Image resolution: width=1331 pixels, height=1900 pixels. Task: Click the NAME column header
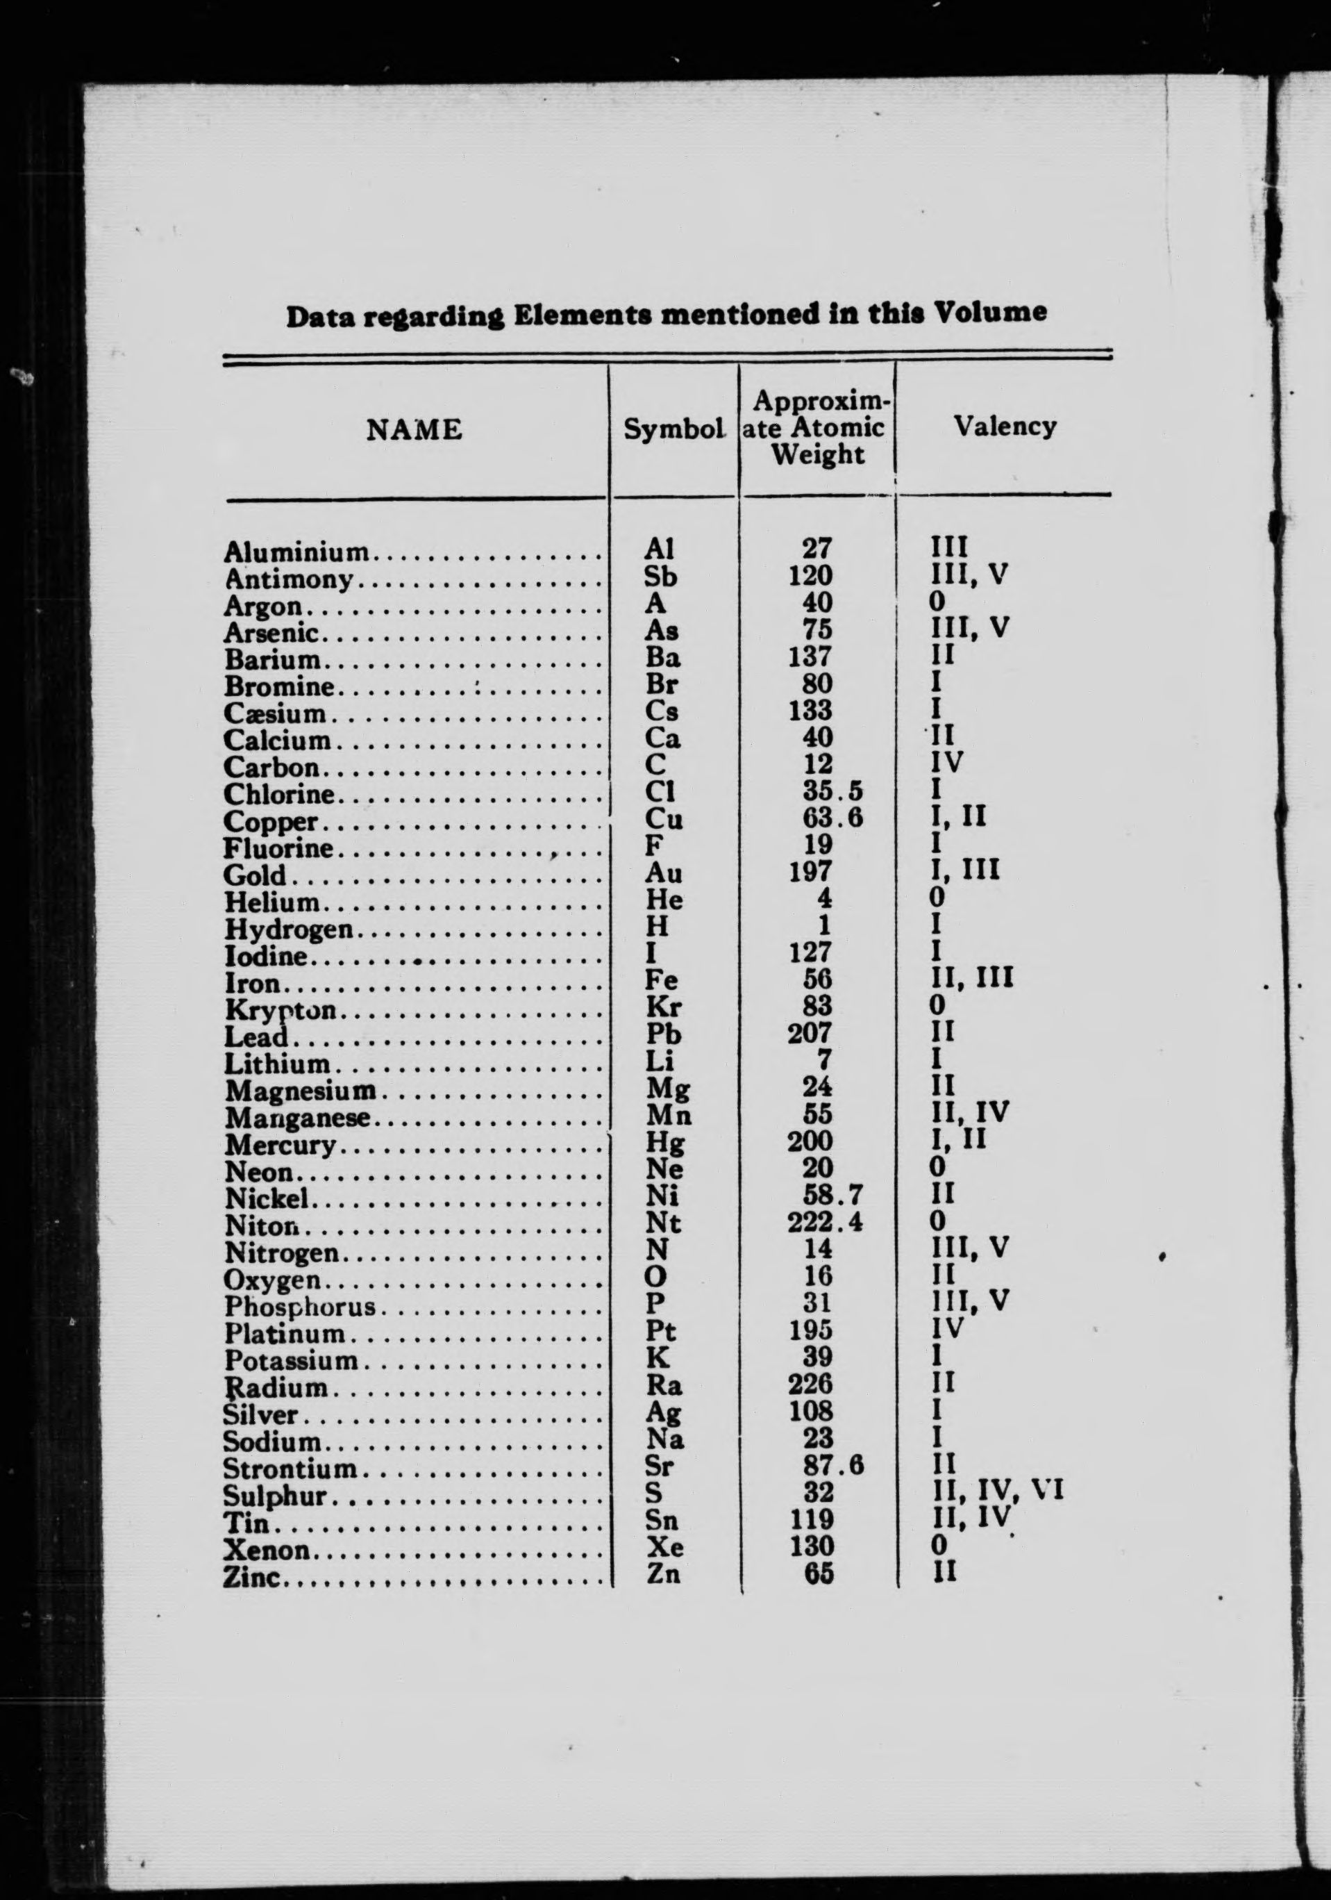pos(414,429)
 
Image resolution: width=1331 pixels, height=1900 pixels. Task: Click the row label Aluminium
pos(296,552)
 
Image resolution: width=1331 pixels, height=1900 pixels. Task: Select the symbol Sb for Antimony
pos(660,576)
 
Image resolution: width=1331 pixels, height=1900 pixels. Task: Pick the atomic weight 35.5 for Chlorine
pos(832,792)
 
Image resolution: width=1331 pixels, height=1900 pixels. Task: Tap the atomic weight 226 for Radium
pos(810,1382)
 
